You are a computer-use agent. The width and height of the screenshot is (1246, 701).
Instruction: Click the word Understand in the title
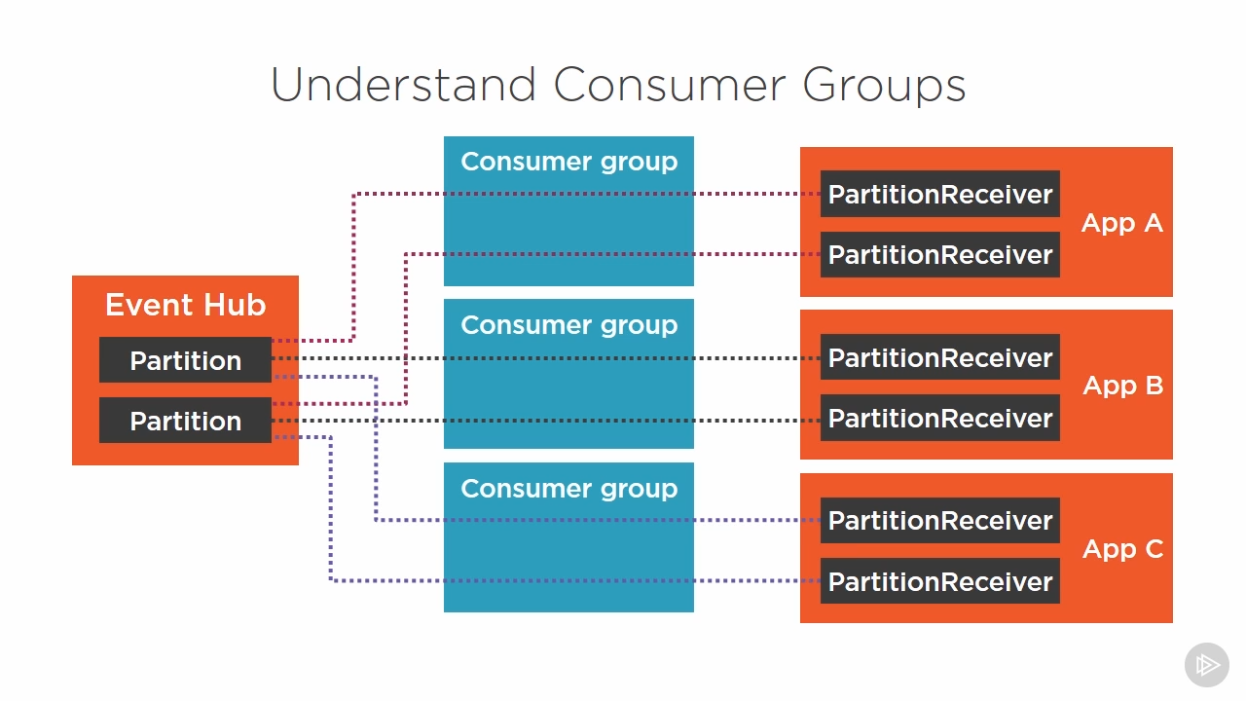404,85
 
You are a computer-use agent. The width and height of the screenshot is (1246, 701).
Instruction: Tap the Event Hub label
186,305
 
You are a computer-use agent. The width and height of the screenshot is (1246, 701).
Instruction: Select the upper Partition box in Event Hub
185,360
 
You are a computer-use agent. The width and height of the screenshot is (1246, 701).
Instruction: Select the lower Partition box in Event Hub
185,420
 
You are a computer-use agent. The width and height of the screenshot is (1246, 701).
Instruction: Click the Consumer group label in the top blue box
569,162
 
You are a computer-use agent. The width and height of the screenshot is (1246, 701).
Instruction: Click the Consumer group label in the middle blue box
569,325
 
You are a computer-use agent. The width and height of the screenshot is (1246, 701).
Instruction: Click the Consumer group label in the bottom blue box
569,489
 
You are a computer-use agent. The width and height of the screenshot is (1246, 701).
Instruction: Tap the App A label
1122,223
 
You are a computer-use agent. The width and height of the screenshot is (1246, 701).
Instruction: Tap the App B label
1123,385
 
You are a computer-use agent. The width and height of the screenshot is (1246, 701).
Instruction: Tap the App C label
1123,548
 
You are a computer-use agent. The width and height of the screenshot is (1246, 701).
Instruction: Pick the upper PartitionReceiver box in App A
940,194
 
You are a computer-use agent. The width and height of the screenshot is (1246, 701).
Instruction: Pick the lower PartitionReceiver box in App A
940,254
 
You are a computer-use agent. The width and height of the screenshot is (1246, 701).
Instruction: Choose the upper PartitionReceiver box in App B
940,357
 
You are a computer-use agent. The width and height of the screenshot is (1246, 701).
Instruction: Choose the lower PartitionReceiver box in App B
940,418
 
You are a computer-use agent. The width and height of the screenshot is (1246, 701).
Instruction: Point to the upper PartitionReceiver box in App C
940,520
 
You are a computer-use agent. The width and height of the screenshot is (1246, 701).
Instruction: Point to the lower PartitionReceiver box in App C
940,581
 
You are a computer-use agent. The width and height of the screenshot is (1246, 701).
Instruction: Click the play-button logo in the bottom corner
1206,665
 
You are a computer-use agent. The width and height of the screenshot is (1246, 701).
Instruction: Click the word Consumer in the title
669,85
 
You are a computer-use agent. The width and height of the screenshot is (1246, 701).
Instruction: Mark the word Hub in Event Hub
235,305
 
